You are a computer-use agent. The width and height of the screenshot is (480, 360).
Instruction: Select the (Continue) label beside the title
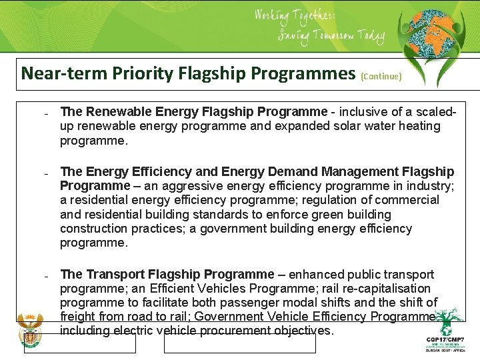pos(381,76)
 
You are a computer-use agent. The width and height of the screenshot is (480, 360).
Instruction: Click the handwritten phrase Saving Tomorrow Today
pos(331,36)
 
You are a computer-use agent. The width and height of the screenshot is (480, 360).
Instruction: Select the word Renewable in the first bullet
pos(117,111)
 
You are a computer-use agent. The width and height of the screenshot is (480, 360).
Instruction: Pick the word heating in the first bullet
pos(417,126)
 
